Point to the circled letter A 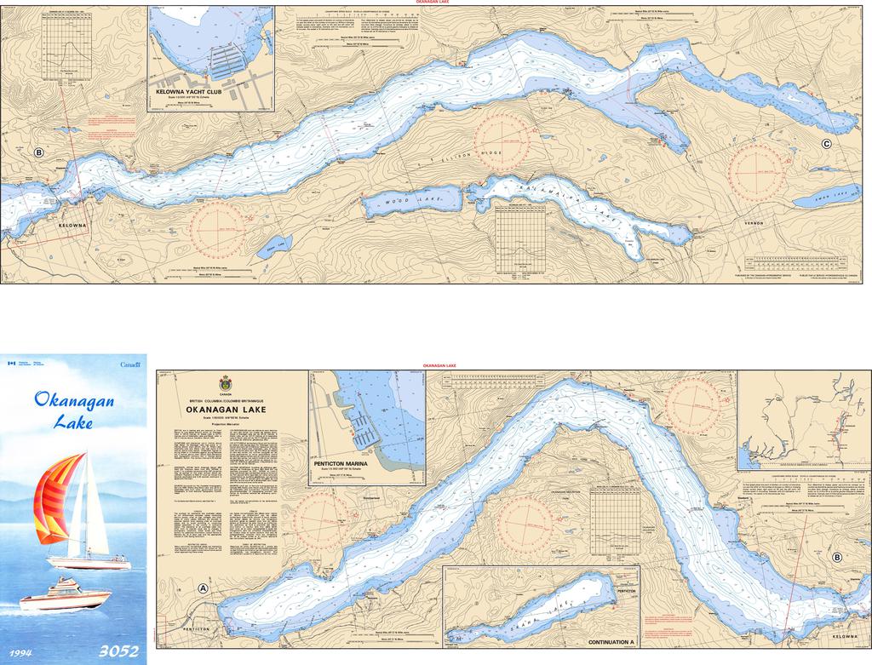coord(203,588)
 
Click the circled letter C coord(826,144)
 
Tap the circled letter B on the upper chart coord(38,152)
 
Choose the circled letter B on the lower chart coord(837,558)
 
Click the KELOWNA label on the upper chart coord(72,226)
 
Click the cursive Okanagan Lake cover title coord(73,409)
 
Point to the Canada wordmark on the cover coord(130,364)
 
